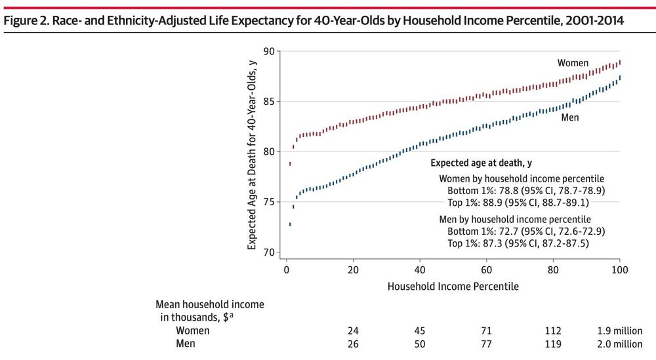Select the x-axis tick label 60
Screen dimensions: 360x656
(487, 271)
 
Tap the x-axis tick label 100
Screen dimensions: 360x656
(620, 271)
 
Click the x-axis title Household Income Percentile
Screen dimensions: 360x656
(453, 287)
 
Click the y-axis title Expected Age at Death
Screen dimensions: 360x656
(253, 151)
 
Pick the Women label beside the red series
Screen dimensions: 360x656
(573, 63)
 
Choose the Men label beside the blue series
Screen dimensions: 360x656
(569, 118)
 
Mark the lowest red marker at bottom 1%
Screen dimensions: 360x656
(290, 163)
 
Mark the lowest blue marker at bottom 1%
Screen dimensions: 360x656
(290, 224)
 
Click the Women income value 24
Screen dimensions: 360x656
(354, 330)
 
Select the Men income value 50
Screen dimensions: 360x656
(420, 344)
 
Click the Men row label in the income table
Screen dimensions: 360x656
(185, 344)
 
